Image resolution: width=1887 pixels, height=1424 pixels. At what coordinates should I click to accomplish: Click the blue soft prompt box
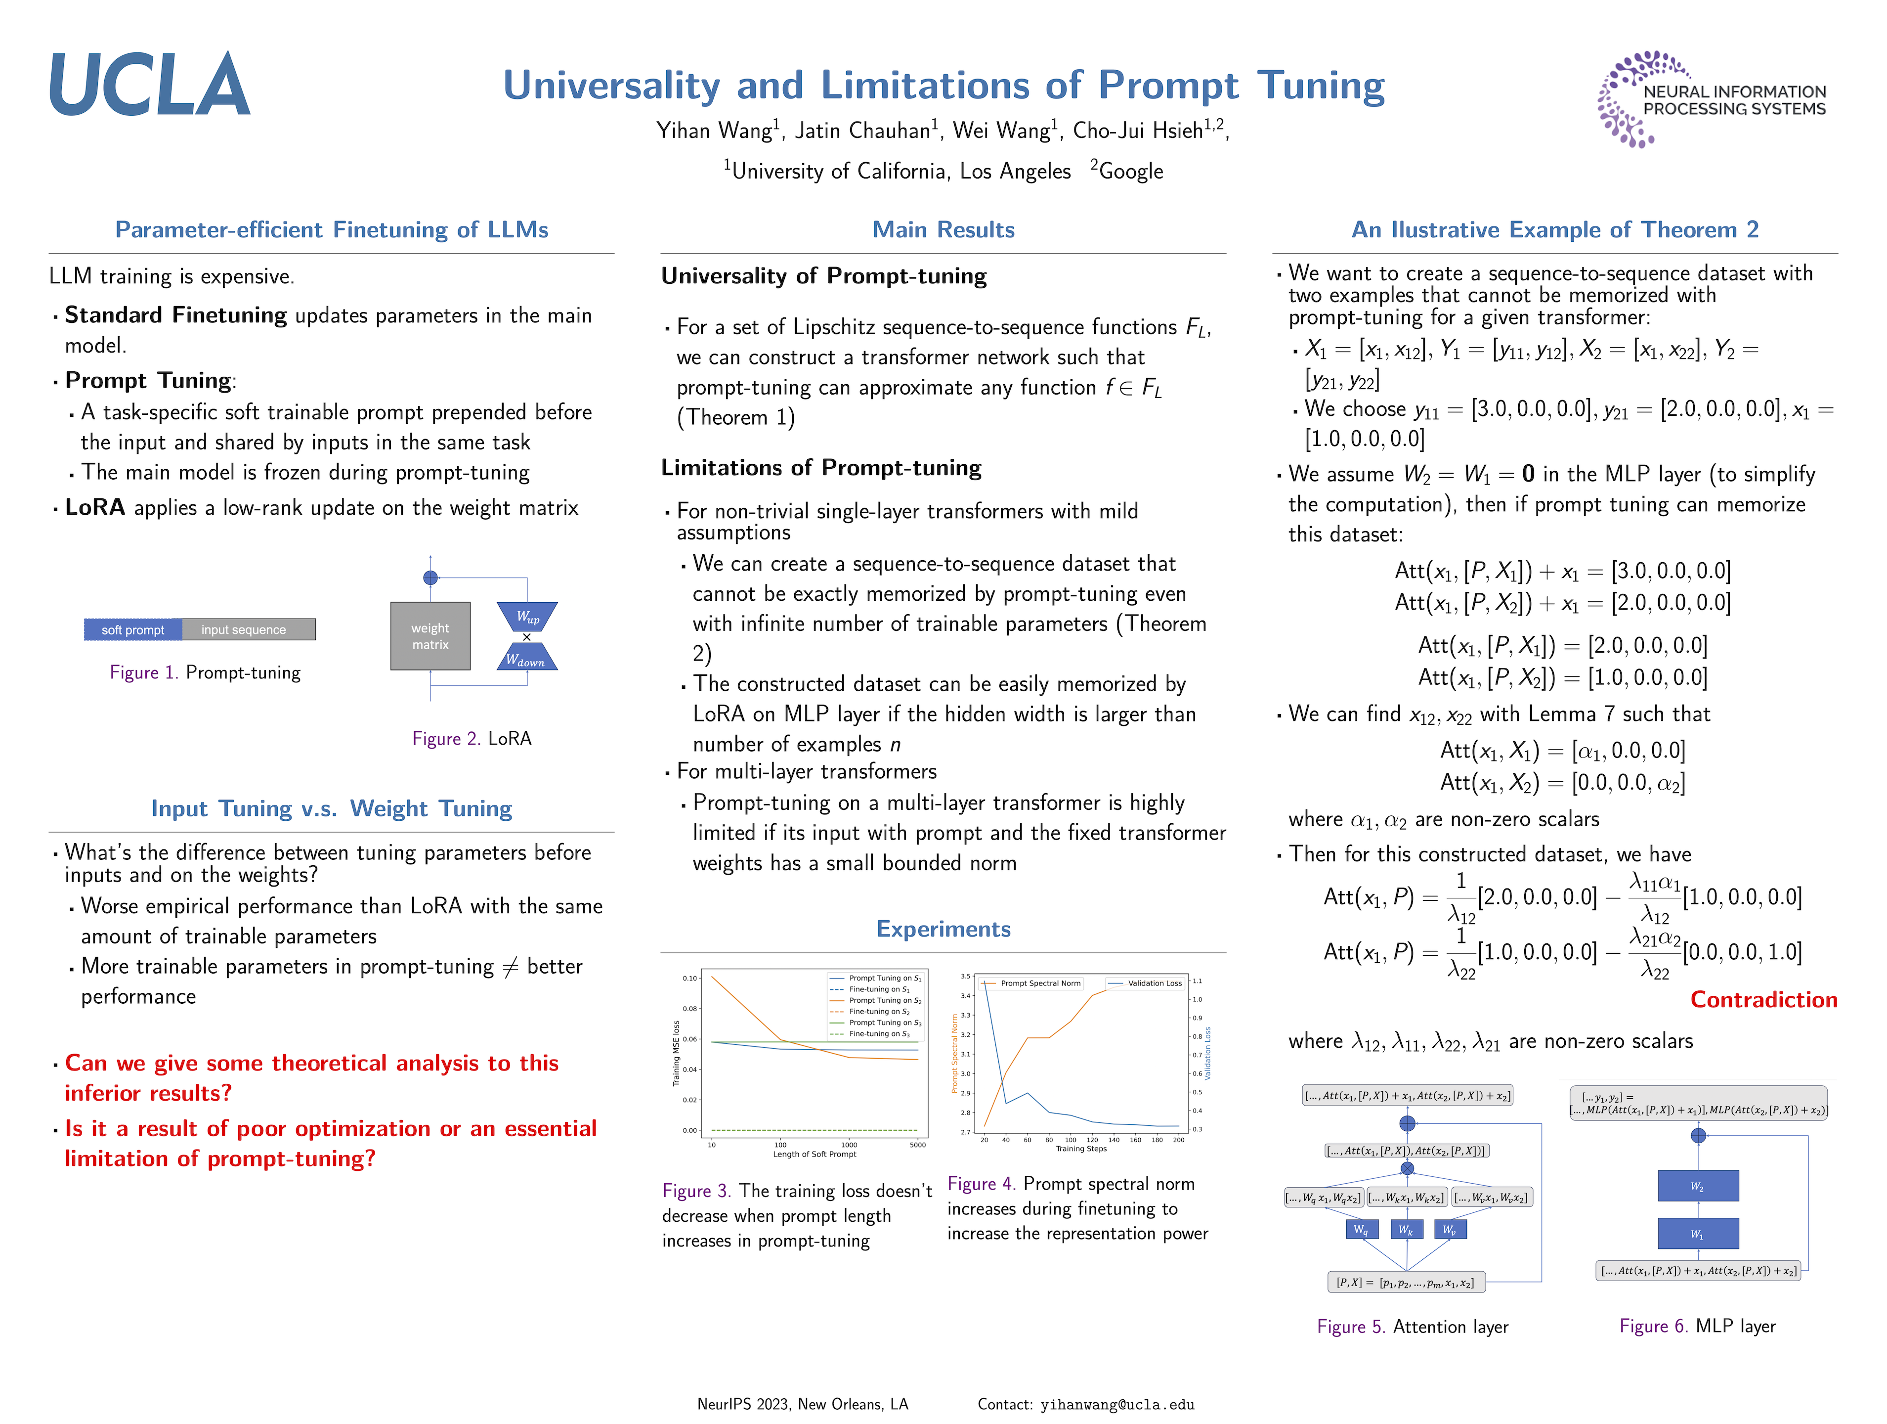[x=133, y=629]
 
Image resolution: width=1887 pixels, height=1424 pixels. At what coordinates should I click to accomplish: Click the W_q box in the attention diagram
[x=1361, y=1230]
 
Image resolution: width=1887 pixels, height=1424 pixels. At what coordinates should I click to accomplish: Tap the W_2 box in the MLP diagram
[x=1698, y=1186]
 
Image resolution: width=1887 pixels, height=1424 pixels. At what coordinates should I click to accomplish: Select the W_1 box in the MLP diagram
[x=1698, y=1234]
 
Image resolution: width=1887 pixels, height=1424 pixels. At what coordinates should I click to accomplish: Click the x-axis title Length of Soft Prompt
[x=814, y=1155]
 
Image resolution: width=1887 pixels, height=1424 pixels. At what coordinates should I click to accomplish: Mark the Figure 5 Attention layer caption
[x=1412, y=1327]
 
